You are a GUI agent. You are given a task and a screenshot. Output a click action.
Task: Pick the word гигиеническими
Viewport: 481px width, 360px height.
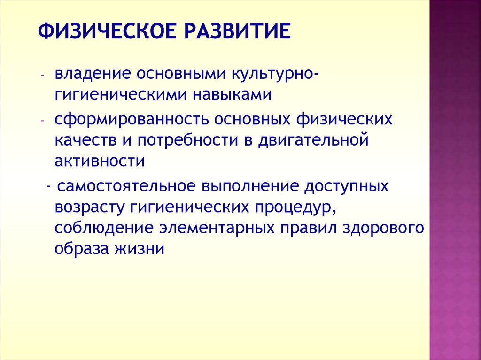click(x=120, y=94)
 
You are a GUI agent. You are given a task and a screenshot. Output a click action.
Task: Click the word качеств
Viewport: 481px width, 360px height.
click(x=85, y=140)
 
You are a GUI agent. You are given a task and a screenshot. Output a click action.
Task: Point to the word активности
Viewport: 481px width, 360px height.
click(x=100, y=161)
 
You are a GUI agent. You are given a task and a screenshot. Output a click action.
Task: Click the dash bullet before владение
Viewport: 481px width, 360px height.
click(x=43, y=75)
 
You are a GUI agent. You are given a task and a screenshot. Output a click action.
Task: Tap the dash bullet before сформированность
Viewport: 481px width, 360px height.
click(x=43, y=120)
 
